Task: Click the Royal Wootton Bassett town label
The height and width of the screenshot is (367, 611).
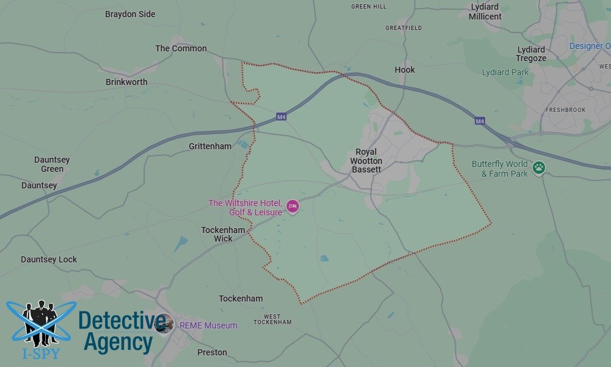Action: pyautogui.click(x=366, y=160)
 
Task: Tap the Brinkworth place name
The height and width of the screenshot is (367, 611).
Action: pyautogui.click(x=126, y=82)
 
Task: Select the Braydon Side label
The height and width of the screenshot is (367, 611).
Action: pyautogui.click(x=130, y=14)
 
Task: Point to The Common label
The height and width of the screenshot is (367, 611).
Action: pyautogui.click(x=181, y=48)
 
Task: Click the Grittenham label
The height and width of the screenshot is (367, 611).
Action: pyautogui.click(x=210, y=146)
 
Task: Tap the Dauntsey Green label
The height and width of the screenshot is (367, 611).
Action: pyautogui.click(x=52, y=164)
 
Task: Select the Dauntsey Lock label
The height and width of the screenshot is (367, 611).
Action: pyautogui.click(x=49, y=259)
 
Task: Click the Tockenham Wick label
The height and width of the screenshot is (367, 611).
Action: pyautogui.click(x=223, y=234)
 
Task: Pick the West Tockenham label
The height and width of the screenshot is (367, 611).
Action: pyautogui.click(x=273, y=319)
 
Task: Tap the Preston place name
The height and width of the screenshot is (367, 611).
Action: pyautogui.click(x=212, y=352)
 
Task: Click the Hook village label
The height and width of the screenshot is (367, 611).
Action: pyautogui.click(x=404, y=70)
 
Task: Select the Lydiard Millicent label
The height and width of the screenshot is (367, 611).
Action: pyautogui.click(x=485, y=12)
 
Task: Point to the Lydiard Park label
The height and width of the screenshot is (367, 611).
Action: pyautogui.click(x=505, y=72)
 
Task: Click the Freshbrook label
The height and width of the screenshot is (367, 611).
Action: pyautogui.click(x=565, y=110)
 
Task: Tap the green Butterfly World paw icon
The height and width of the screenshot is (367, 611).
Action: pyautogui.click(x=538, y=168)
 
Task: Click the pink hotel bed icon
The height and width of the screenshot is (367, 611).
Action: pyautogui.click(x=293, y=207)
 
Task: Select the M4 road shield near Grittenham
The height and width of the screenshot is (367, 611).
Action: pyautogui.click(x=281, y=117)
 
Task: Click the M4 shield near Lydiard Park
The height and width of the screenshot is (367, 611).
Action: pyautogui.click(x=480, y=122)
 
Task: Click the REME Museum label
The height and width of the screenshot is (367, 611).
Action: pyautogui.click(x=208, y=325)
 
